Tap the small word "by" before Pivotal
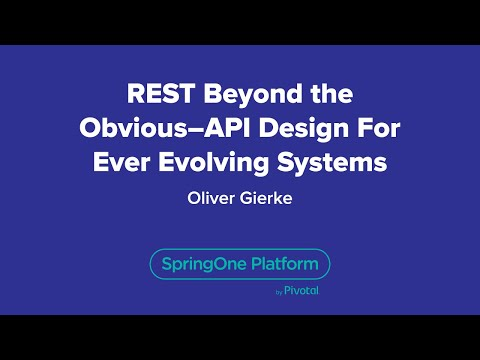tap(277, 293)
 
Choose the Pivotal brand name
tap(302, 292)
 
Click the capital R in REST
tap(136, 96)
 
